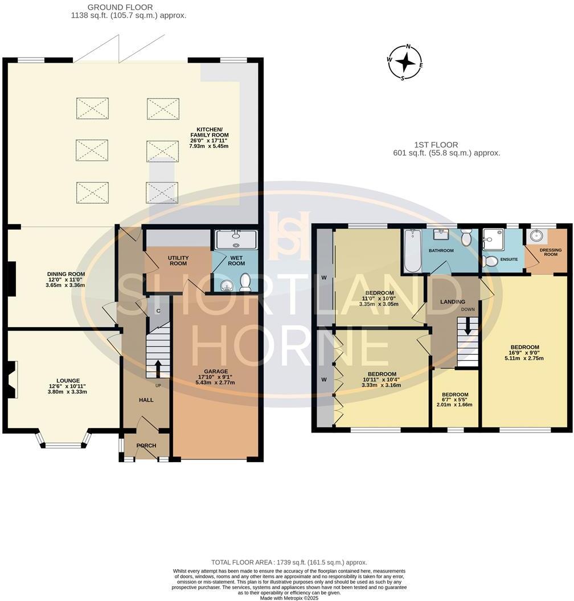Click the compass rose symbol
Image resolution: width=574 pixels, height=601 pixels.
(405, 62)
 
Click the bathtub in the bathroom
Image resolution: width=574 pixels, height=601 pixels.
(411, 252)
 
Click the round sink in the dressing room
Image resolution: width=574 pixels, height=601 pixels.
(536, 236)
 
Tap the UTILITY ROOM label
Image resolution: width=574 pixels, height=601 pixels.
(178, 261)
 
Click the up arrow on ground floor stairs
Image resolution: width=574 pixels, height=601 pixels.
(158, 365)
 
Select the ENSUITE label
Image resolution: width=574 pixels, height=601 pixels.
(509, 259)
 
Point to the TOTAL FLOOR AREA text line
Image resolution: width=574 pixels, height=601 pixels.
(289, 562)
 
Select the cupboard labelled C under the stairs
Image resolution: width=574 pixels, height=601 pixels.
(158, 312)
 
